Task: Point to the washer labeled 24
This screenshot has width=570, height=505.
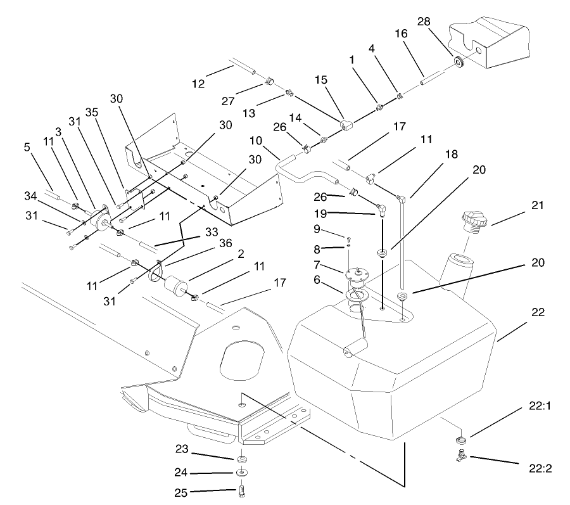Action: tap(243, 473)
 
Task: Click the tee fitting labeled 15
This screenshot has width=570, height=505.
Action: tap(346, 125)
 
